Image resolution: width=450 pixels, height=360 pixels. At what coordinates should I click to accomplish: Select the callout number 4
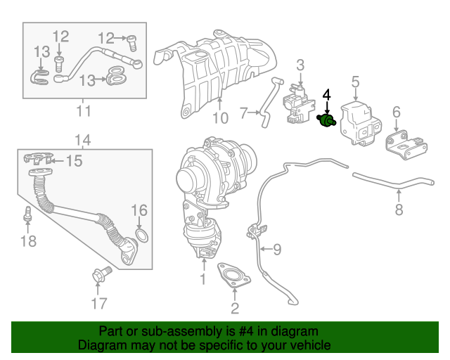(326, 94)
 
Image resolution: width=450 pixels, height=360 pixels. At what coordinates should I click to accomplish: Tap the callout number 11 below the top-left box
(84, 111)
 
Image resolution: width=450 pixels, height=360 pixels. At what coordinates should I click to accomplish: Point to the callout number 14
(82, 139)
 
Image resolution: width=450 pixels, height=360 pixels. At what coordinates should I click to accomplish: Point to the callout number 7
(243, 112)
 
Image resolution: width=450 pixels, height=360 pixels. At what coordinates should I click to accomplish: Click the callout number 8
(399, 209)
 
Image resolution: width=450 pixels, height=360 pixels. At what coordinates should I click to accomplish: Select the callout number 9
(276, 248)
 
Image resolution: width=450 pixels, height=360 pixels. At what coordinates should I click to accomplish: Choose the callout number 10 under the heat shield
(220, 117)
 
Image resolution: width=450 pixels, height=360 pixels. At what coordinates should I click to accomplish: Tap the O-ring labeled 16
(139, 233)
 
